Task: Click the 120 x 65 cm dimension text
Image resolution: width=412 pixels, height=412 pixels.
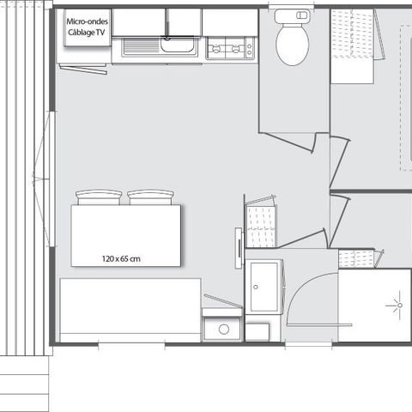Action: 120,257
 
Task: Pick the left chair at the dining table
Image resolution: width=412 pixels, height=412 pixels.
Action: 99,197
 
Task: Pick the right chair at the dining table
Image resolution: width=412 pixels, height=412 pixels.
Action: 151,197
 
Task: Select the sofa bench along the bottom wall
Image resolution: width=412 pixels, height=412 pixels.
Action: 129,309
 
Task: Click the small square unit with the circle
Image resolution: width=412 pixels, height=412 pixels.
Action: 222,327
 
